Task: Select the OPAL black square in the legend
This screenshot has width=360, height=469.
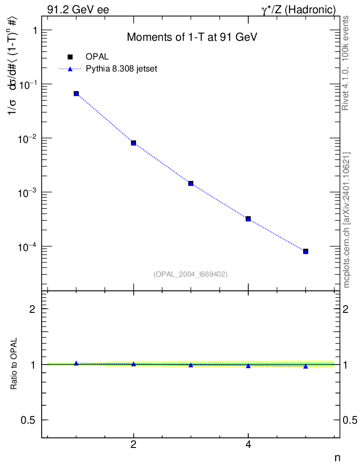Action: (x=70, y=57)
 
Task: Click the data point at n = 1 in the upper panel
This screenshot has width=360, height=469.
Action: (x=76, y=93)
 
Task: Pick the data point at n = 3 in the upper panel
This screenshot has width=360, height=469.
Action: (x=191, y=183)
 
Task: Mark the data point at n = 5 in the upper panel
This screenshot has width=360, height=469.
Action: (x=305, y=251)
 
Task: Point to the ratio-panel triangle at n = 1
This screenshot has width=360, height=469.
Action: (x=76, y=363)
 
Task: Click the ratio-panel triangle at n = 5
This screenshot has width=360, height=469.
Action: (x=305, y=366)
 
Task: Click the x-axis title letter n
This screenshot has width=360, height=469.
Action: (x=337, y=457)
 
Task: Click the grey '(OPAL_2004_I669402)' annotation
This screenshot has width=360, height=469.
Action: (x=191, y=274)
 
